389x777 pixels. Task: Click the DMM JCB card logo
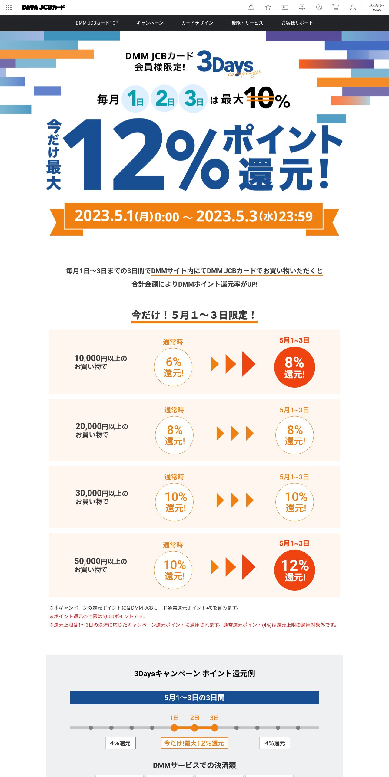point(43,7)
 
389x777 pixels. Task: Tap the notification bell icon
point(251,7)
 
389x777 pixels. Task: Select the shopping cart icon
point(336,7)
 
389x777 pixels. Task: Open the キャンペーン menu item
point(150,23)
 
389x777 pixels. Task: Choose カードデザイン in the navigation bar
point(197,23)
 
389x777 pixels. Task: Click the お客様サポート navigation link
point(297,23)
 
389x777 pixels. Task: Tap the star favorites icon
point(268,7)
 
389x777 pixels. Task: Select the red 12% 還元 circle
point(294,570)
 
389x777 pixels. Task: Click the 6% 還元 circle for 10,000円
point(173,367)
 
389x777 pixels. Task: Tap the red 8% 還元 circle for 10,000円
point(294,367)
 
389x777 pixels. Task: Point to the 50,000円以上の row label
point(101,565)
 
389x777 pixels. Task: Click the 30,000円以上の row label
point(102,497)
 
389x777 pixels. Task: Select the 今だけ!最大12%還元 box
point(194,743)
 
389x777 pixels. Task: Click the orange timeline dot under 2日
point(194,728)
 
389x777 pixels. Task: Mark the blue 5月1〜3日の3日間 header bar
point(194,697)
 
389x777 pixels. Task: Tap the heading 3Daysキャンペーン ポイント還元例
point(194,674)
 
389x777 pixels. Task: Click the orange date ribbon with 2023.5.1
point(194,216)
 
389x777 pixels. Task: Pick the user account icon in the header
point(353,7)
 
